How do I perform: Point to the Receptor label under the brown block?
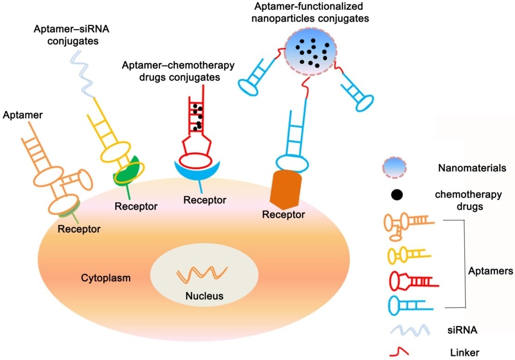[283, 215]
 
